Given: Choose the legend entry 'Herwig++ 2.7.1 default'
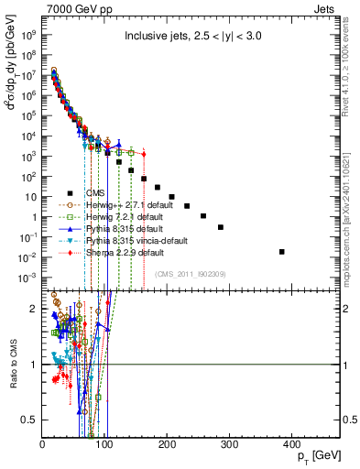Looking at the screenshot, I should tap(125, 204).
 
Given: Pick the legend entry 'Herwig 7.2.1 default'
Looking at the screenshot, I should tap(121, 216).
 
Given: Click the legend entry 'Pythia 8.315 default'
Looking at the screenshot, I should tap(121, 228).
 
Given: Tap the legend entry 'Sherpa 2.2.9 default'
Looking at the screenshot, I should tap(122, 252).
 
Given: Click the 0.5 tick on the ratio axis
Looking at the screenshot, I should tap(32, 420).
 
